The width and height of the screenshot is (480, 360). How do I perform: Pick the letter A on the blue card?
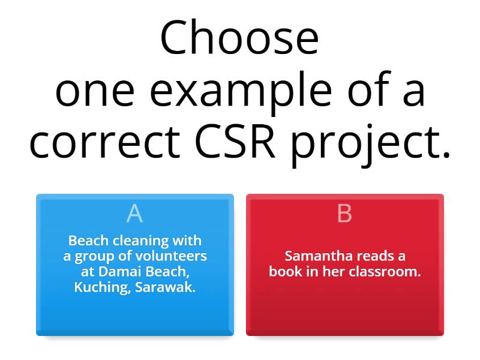[x=134, y=213]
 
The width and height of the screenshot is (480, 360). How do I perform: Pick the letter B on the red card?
[x=344, y=213]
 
